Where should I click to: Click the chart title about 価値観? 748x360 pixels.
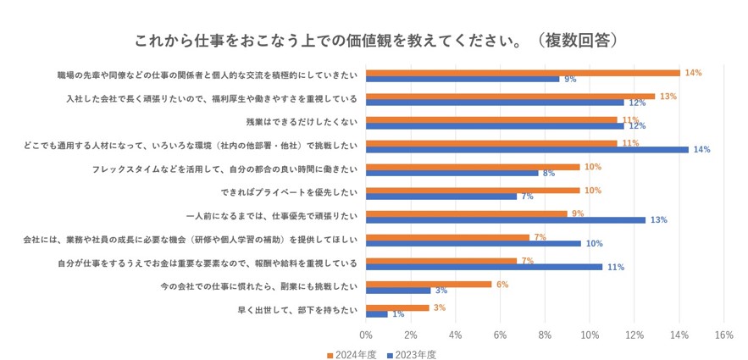point(374,40)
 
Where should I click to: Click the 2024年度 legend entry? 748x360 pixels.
point(351,355)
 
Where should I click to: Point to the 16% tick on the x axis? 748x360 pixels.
point(723,335)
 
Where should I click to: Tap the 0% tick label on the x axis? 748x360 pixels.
point(366,335)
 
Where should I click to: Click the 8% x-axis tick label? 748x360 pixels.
point(545,335)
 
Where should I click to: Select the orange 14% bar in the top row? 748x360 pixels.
point(523,73)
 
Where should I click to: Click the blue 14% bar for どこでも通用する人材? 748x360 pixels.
point(527,149)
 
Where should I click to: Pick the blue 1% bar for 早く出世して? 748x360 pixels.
point(377,313)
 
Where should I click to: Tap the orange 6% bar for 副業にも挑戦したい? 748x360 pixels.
point(429,285)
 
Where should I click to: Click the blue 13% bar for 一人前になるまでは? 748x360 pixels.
point(506,219)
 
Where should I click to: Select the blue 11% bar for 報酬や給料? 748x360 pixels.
point(484,267)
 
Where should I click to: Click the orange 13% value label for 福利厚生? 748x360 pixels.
point(668,97)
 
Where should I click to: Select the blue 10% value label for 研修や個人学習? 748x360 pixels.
point(594,244)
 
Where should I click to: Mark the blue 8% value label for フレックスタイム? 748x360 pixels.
point(549,173)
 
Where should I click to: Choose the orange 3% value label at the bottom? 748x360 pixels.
point(439,307)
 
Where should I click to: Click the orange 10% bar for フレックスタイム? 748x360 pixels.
point(473,167)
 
